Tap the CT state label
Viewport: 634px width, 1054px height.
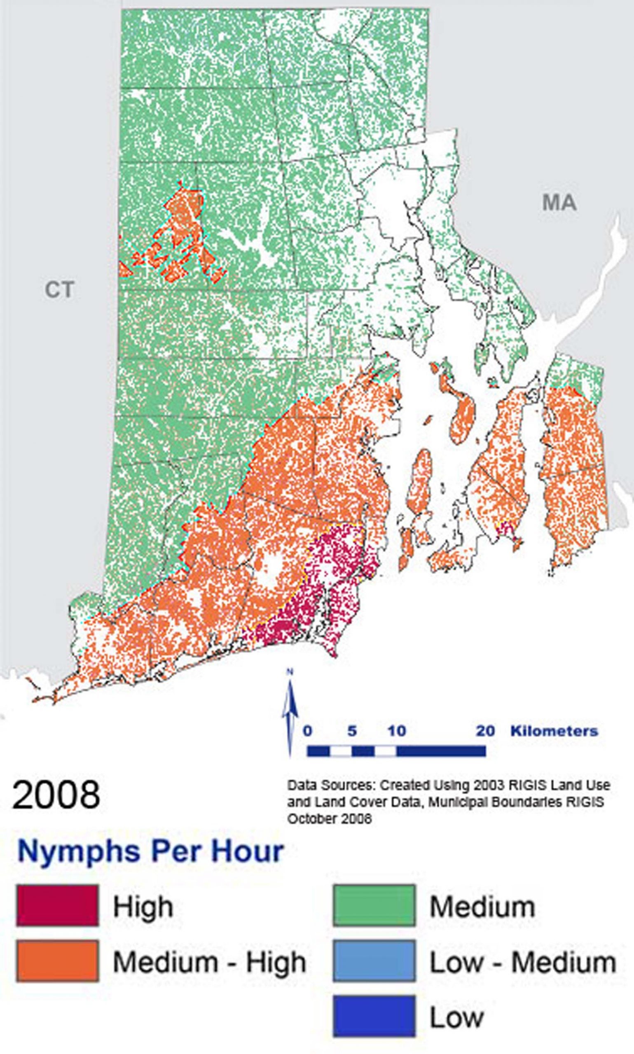click(x=59, y=290)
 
